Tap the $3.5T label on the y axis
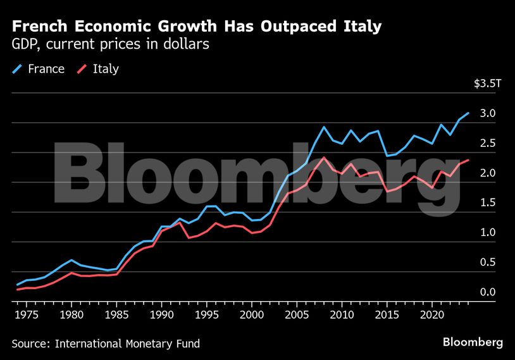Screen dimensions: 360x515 (x=487, y=84)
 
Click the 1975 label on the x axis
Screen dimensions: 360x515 (x=27, y=314)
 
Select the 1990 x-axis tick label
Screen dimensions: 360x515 (x=162, y=314)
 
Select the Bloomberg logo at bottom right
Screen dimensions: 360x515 (x=473, y=342)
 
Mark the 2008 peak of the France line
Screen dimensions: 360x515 (x=324, y=127)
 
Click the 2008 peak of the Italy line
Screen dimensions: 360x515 (x=324, y=158)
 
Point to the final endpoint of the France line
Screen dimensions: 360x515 (x=468, y=113)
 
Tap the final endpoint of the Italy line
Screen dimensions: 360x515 (x=468, y=160)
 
